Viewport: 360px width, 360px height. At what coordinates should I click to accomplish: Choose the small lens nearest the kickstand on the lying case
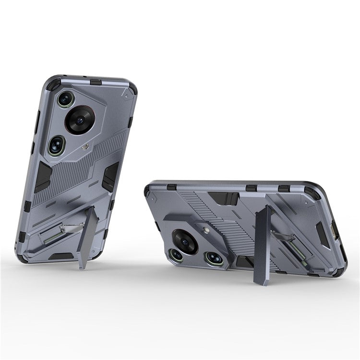point(213,258)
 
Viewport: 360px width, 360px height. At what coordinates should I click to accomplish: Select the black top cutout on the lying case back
point(223,198)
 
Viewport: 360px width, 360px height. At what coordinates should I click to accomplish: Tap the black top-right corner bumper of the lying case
point(312,192)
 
